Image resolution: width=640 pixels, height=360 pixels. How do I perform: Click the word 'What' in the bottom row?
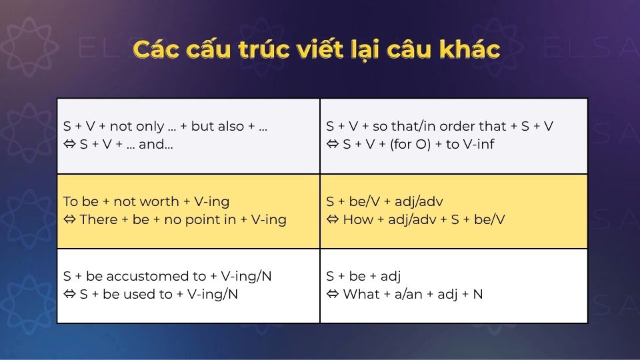[360, 294]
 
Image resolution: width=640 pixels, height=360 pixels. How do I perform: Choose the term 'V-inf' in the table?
[479, 144]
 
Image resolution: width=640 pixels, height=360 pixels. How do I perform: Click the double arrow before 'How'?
[333, 219]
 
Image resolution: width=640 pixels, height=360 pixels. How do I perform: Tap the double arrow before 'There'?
[69, 219]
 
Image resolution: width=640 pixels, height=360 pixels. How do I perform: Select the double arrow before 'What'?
[333, 294]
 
